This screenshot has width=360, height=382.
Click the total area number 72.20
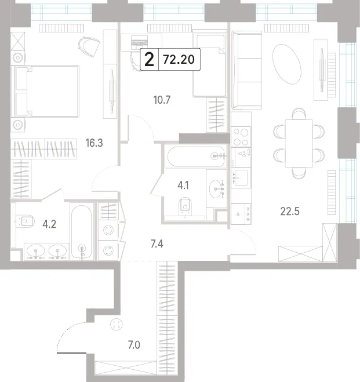tap(179, 60)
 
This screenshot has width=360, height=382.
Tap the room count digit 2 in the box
tap(149, 60)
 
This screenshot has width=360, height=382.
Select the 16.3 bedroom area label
tap(94, 143)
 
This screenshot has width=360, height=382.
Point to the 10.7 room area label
tap(162, 100)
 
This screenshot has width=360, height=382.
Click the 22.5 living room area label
tap(290, 211)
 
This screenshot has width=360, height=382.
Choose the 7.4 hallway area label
tap(157, 243)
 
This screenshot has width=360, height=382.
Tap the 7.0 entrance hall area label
tap(134, 345)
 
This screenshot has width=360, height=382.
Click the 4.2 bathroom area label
tap(49, 224)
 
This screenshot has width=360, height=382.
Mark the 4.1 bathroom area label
tap(183, 185)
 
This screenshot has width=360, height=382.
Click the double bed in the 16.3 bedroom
tap(46, 91)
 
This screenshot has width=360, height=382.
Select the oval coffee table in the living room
tap(287, 64)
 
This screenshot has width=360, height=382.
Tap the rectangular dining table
tap(299, 143)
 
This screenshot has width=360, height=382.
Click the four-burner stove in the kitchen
tap(241, 137)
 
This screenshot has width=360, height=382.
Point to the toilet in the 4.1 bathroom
tap(185, 206)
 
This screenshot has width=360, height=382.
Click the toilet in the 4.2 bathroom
tap(26, 221)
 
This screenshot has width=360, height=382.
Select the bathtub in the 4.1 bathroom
tap(196, 156)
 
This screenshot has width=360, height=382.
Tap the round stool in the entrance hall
tap(116, 324)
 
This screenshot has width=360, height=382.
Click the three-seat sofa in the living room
tap(247, 70)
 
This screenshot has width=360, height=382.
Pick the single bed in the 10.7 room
tap(209, 63)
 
